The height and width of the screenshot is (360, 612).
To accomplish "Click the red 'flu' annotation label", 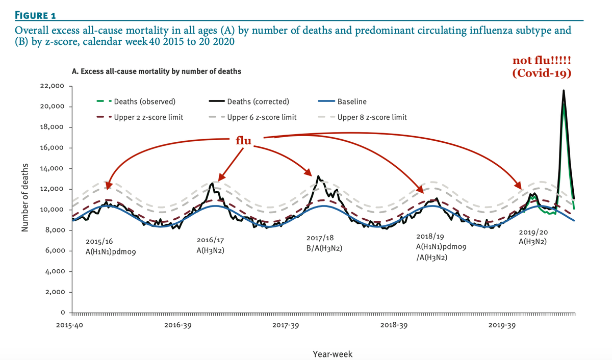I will coord(243,140).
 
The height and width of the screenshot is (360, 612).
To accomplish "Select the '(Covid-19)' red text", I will coord(541,73).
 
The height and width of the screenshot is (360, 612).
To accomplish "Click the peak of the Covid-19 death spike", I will coord(563,91).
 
